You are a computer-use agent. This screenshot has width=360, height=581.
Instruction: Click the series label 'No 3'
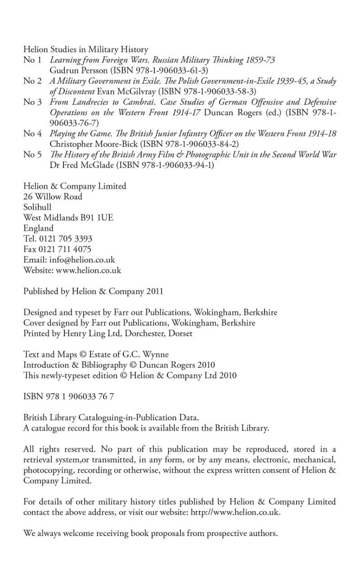click(x=32, y=102)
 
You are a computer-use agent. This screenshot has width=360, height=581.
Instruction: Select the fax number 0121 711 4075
click(x=65, y=249)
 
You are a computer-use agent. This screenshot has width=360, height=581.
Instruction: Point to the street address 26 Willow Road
click(x=53, y=197)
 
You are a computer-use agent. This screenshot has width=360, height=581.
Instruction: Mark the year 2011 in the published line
click(x=155, y=291)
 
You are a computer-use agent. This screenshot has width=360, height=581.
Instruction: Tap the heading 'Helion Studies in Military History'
click(x=86, y=49)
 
